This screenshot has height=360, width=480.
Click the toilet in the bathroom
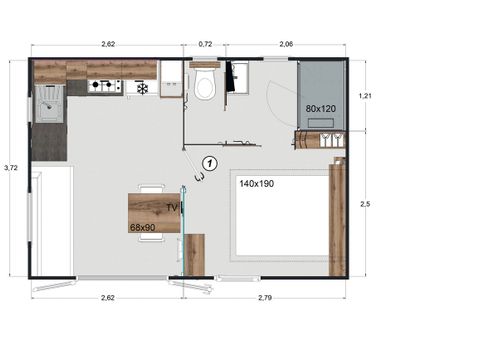tap(206, 85)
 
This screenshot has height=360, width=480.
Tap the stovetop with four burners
tap(105, 87)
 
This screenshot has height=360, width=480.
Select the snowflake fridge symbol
tap(142, 88)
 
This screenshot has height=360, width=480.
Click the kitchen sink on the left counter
tap(47, 101)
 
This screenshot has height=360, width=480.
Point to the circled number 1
tap(209, 161)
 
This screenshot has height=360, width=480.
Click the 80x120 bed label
tap(321, 108)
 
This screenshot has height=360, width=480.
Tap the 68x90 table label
tap(143, 227)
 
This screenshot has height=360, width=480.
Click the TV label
tap(172, 207)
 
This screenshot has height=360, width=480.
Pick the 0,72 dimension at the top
tap(205, 44)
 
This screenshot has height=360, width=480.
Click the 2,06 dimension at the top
tap(286, 44)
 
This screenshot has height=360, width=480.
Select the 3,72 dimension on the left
tap(10, 167)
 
